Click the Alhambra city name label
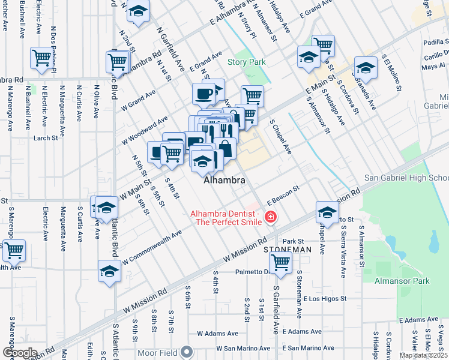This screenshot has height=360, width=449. tap(224, 180)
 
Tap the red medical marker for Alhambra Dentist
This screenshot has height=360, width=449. tap(271, 217)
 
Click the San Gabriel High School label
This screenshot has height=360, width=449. tap(406, 178)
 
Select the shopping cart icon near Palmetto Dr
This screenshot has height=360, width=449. tap(280, 262)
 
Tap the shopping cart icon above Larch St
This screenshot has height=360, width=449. tap(41, 58)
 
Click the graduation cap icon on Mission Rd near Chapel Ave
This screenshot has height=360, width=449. tap(328, 211)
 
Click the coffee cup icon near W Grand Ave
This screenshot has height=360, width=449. tap(203, 94)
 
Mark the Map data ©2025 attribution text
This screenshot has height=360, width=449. tap(423, 355)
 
